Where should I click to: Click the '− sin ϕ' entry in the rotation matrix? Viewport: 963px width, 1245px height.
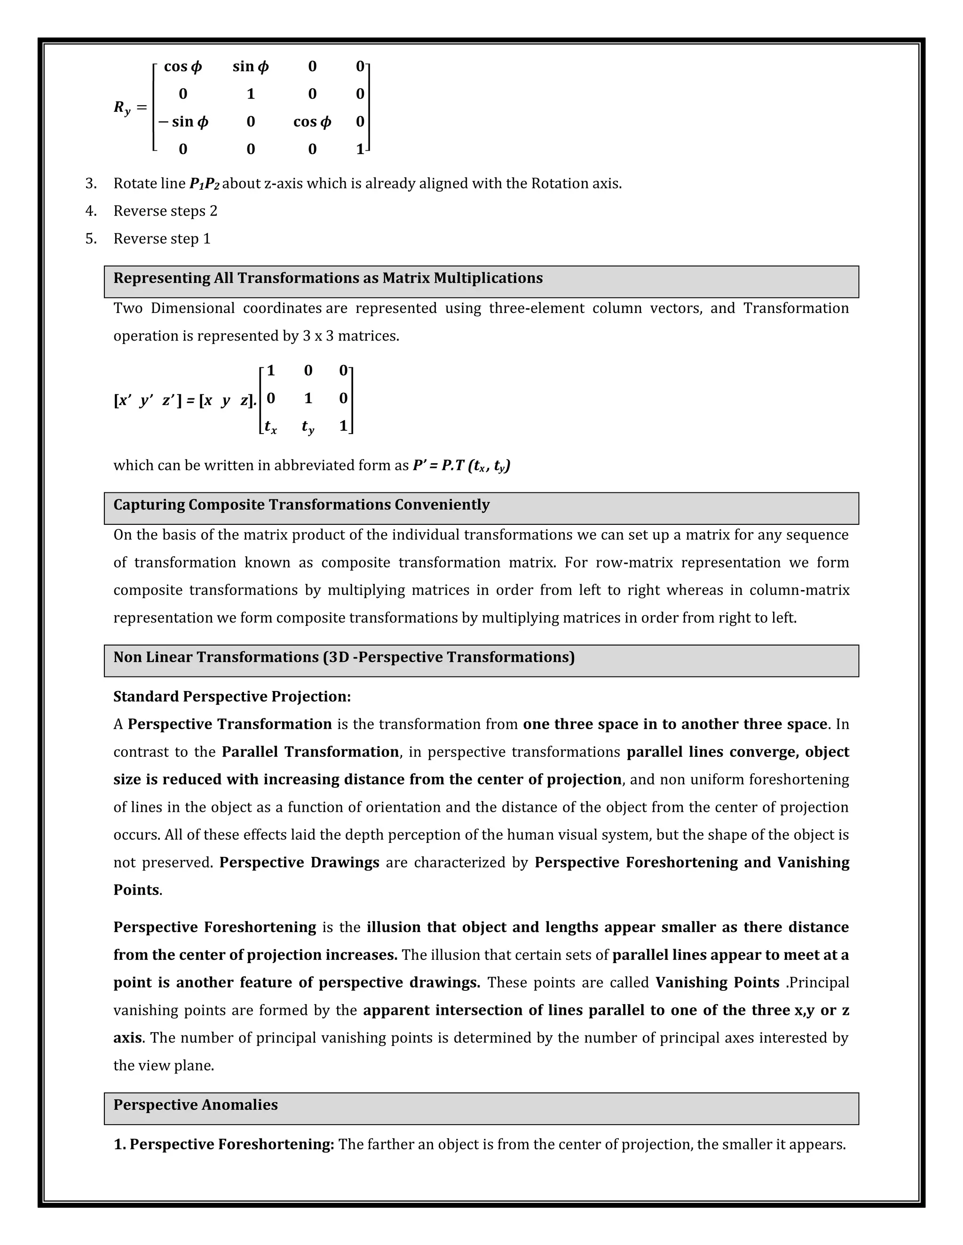pyautogui.click(x=183, y=121)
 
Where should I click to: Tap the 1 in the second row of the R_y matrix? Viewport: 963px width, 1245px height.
pyautogui.click(x=251, y=94)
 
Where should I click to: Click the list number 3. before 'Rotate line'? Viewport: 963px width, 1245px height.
pyautogui.click(x=91, y=184)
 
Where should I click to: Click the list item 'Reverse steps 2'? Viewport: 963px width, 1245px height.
pyautogui.click(x=166, y=211)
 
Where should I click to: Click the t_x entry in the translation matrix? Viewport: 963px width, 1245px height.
pyautogui.click(x=270, y=427)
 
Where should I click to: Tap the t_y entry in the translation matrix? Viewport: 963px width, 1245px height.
pyautogui.click(x=308, y=427)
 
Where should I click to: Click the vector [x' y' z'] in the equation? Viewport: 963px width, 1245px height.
pyautogui.click(x=147, y=401)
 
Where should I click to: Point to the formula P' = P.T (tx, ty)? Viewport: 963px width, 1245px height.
pyautogui.click(x=461, y=466)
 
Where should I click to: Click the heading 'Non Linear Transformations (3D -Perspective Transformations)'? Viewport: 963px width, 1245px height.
pyautogui.click(x=343, y=657)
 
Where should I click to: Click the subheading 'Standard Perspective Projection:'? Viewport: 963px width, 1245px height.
pyautogui.click(x=232, y=697)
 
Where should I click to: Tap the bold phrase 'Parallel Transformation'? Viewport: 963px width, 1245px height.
pyautogui.click(x=310, y=752)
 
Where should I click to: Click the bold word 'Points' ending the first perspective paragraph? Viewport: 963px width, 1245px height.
pyautogui.click(x=136, y=890)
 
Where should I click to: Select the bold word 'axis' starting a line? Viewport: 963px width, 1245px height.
pyautogui.click(x=127, y=1037)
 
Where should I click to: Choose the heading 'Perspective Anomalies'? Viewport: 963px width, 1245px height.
pyautogui.click(x=195, y=1105)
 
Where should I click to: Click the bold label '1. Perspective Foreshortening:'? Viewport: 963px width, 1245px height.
pyautogui.click(x=224, y=1144)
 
